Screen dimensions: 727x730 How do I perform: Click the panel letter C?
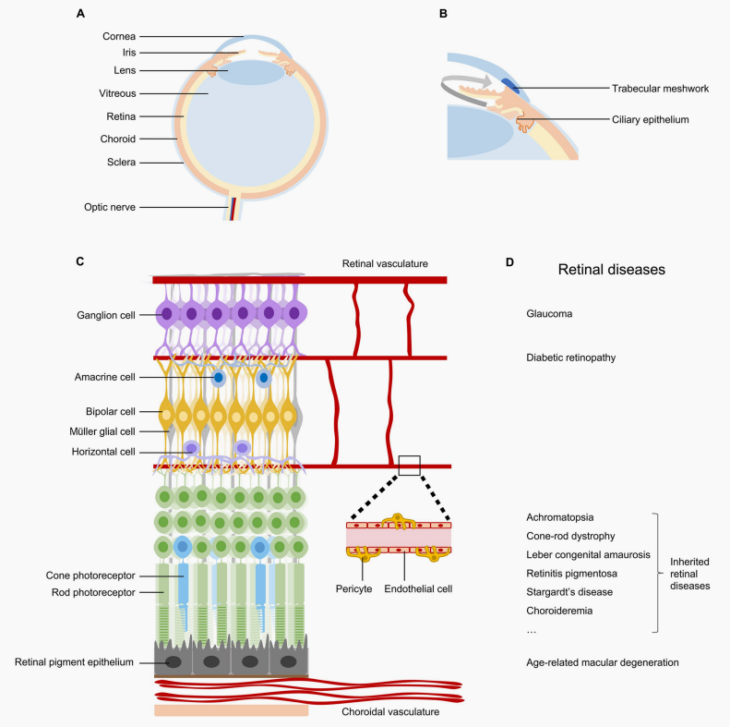[x=79, y=263]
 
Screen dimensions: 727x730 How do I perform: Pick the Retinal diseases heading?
[x=611, y=270]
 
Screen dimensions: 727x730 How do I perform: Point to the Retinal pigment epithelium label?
[x=78, y=661]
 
